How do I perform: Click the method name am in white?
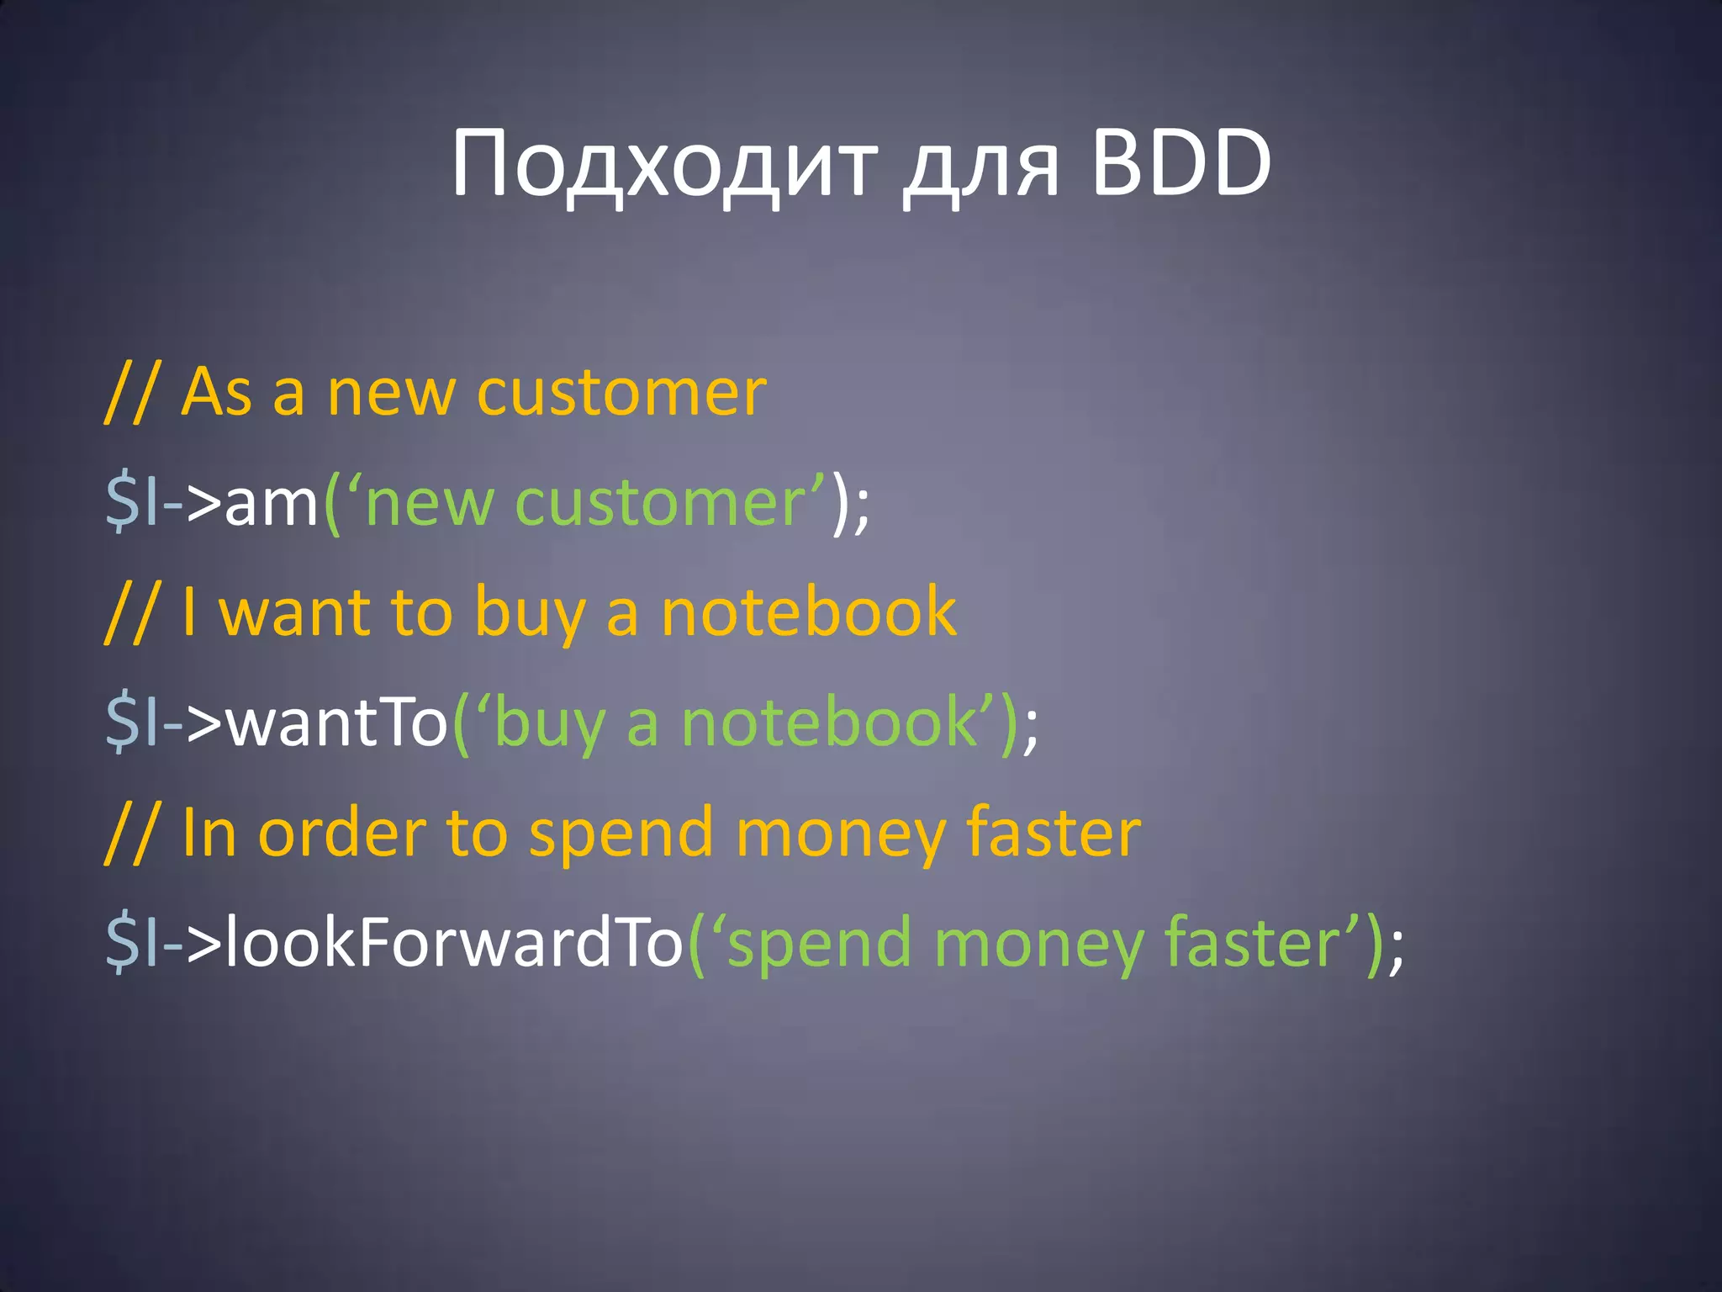pyautogui.click(x=272, y=504)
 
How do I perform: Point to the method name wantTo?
pyautogui.click(x=337, y=723)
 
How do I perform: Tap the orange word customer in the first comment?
pyautogui.click(x=621, y=393)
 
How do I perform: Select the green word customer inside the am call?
pyautogui.click(x=661, y=504)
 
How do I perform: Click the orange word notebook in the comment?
pyautogui.click(x=808, y=612)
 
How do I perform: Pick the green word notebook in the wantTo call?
pyautogui.click(x=828, y=723)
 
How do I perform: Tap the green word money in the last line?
pyautogui.click(x=1038, y=944)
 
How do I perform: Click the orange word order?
pyautogui.click(x=341, y=833)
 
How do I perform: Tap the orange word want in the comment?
pyautogui.click(x=294, y=612)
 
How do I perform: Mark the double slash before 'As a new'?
pyautogui.click(x=130, y=393)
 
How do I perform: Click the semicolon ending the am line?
pyautogui.click(x=861, y=509)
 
